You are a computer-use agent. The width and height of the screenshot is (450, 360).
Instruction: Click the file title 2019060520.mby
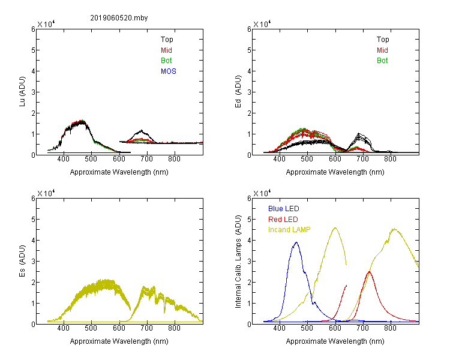click(x=119, y=18)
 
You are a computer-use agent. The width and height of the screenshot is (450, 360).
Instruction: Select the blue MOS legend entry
click(x=169, y=71)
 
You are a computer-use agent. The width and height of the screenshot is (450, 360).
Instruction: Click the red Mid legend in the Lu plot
click(x=166, y=50)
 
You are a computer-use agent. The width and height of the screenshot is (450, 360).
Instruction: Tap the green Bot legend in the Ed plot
click(x=382, y=61)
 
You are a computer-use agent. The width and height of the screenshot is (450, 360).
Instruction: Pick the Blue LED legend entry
click(x=284, y=209)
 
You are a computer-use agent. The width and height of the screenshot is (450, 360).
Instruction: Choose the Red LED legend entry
click(x=283, y=220)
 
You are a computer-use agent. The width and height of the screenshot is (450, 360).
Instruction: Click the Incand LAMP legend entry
click(x=289, y=230)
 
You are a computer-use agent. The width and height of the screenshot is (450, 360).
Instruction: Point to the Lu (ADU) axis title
click(x=22, y=92)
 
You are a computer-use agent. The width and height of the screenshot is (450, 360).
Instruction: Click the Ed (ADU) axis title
click(x=238, y=92)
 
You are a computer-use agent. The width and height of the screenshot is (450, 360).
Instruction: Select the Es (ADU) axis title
click(x=22, y=261)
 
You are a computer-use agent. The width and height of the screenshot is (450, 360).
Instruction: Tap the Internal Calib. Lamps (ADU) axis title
click(x=238, y=262)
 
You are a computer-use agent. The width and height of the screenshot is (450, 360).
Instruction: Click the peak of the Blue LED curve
click(x=296, y=242)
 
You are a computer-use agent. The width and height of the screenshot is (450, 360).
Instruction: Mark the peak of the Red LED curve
click(x=370, y=272)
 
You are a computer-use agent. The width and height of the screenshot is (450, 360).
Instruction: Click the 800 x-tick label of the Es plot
click(x=175, y=328)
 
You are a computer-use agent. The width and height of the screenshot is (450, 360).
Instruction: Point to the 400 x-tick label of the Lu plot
click(x=64, y=159)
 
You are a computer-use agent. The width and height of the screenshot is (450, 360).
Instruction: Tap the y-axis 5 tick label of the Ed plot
click(x=249, y=50)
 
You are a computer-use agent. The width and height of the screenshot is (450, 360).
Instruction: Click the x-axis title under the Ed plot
click(x=335, y=172)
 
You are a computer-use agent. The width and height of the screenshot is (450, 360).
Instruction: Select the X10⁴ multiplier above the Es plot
click(x=46, y=193)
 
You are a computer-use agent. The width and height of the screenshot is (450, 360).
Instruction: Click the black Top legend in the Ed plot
click(x=383, y=40)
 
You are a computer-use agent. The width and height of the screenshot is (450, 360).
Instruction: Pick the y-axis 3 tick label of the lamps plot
click(x=249, y=262)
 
